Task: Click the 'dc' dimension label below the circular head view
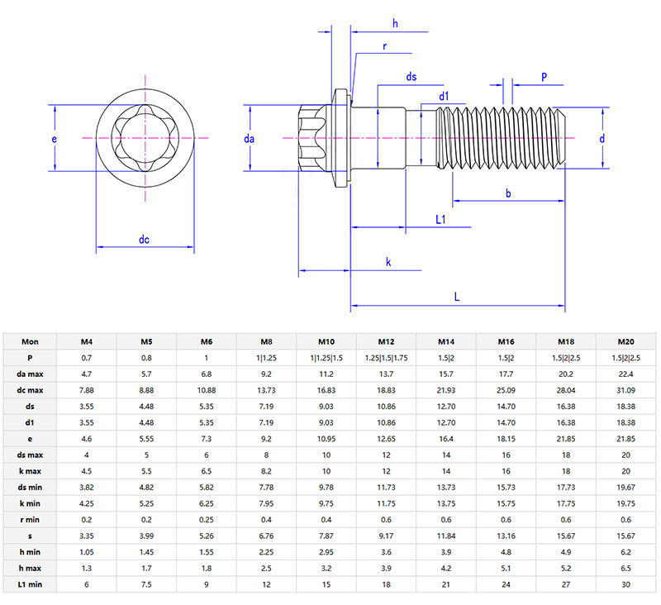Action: tap(144, 240)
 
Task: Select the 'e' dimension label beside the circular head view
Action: tap(55, 140)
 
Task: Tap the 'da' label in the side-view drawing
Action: tap(250, 140)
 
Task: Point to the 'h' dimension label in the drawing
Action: tap(395, 24)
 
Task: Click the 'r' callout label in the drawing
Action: tap(385, 47)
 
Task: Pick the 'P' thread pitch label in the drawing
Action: tap(544, 77)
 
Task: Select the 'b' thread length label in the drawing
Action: tap(506, 193)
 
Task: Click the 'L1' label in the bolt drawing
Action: tap(440, 219)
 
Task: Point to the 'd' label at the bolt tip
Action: tap(602, 139)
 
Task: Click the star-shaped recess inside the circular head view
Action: tap(145, 138)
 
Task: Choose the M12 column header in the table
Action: tap(386, 341)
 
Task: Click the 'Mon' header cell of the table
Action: tap(30, 341)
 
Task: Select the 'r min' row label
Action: tap(30, 521)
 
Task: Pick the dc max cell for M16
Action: tap(506, 390)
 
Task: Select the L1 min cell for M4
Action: tap(86, 585)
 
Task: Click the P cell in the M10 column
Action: tap(326, 358)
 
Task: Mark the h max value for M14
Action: tap(446, 569)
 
